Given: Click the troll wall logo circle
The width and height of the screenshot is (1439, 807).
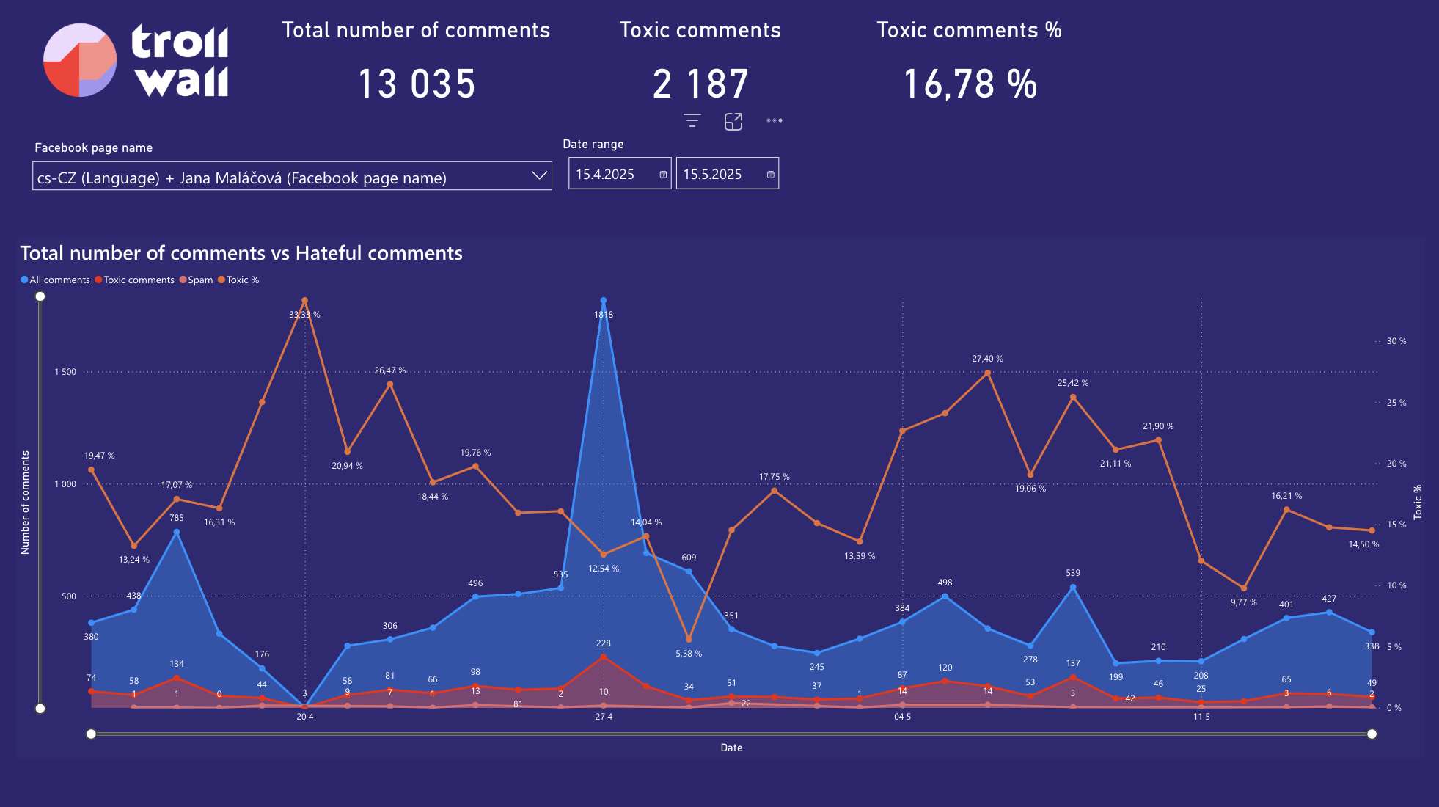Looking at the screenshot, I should coord(80,60).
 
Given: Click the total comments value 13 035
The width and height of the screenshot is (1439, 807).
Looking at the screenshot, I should coord(417,84).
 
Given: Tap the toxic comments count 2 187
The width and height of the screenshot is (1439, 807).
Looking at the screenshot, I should coord(700,84).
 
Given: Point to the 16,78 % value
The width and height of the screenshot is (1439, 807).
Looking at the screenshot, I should coord(970,84).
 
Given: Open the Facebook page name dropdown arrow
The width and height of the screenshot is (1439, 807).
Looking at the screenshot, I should coord(539,176).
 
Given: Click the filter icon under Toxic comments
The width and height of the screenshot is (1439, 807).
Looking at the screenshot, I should coord(692,121).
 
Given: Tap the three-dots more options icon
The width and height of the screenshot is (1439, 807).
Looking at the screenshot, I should coord(775,120).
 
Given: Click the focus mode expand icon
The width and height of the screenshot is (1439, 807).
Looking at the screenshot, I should coord(733,121).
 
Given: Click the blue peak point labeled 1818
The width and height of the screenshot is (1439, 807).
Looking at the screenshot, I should coord(604,301).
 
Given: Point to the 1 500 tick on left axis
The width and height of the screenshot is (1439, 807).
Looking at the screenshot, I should coord(65,372).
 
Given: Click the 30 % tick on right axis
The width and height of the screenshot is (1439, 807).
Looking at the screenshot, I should coord(1396,341).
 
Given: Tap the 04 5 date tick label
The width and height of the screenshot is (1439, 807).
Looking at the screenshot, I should coord(902,717).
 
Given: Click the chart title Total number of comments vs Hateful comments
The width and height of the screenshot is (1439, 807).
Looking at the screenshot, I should coord(241,253).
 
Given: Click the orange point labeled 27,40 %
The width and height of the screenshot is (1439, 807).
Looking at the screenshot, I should coord(987,373).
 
